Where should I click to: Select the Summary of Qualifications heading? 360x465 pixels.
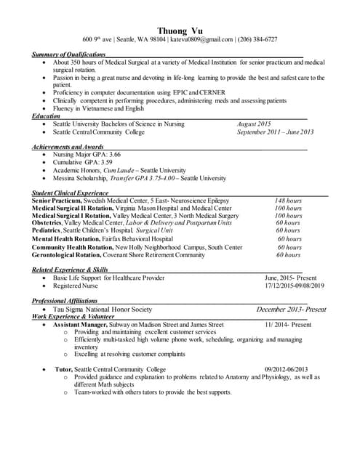point(69,54)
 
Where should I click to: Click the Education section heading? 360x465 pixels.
point(46,116)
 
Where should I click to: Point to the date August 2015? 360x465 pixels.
point(254,124)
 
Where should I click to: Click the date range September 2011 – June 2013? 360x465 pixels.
point(275,132)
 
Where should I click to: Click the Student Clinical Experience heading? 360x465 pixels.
point(71,193)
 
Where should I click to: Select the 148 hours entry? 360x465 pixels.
point(288,201)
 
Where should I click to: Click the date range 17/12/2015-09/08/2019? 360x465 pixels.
point(295,286)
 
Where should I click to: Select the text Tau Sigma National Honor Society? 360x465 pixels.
point(103,309)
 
